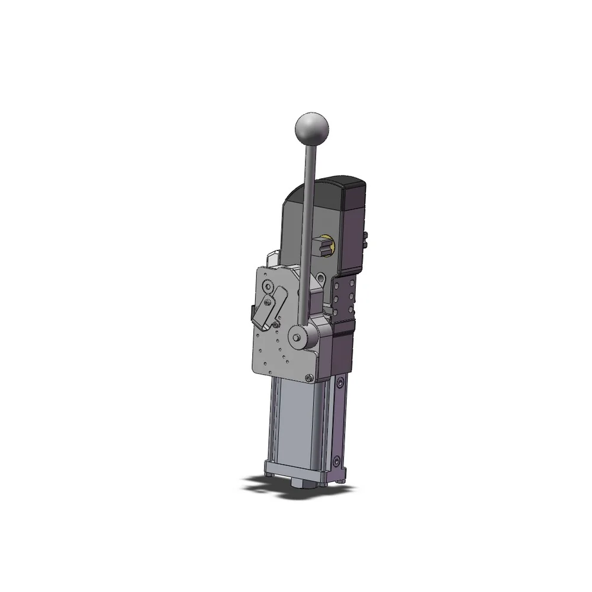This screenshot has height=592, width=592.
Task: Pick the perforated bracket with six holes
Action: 345,296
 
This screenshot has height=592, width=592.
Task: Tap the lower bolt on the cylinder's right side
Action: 338,459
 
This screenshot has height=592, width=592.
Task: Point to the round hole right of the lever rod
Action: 320,277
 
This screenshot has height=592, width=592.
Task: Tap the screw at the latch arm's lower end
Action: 276,324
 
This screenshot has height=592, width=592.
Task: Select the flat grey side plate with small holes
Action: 266,355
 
